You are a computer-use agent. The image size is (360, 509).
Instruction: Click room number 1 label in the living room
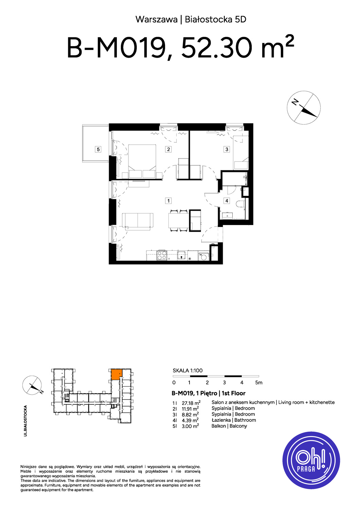(x=168, y=201)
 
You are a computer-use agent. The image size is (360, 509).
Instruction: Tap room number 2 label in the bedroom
(x=168, y=149)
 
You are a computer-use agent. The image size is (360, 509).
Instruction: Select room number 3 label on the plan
(x=227, y=149)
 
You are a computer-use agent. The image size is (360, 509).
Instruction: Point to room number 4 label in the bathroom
(x=227, y=201)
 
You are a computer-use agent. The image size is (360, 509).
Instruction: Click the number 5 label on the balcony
(x=98, y=149)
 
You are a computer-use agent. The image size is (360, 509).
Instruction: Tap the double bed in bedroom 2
(x=142, y=161)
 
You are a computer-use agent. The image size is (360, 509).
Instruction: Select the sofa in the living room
(x=138, y=221)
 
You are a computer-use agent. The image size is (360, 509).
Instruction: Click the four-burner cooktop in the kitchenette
(x=162, y=255)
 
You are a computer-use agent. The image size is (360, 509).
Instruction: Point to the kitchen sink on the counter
(x=182, y=255)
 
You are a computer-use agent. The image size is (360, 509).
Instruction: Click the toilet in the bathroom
(x=240, y=204)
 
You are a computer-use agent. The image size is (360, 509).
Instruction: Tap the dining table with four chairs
(x=178, y=221)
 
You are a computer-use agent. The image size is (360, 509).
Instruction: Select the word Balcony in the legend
(x=238, y=426)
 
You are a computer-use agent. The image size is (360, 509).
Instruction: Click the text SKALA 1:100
(x=187, y=371)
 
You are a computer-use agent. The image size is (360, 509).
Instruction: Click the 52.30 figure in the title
(x=217, y=49)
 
